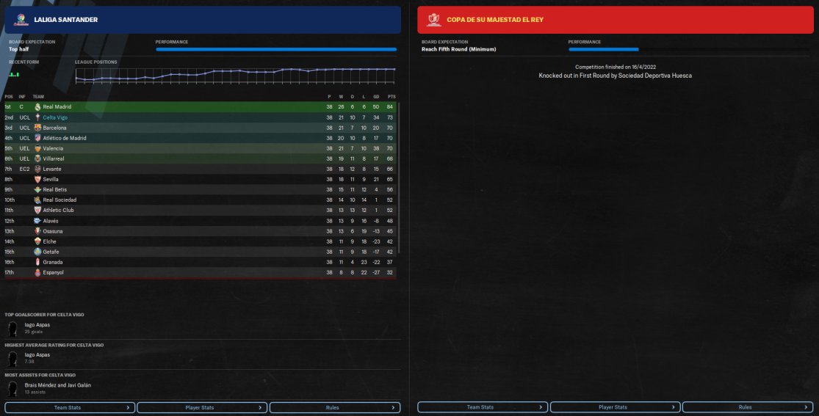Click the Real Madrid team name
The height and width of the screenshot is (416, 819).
57,107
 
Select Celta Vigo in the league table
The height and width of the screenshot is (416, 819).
55,117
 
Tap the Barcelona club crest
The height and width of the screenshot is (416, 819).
37,128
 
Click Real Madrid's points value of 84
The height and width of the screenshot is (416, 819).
391,107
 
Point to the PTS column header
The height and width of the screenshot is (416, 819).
391,96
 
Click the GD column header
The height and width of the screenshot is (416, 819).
376,96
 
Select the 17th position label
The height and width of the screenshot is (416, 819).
9,272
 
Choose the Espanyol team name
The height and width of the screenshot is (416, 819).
53,272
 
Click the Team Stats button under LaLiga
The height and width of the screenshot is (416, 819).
70,407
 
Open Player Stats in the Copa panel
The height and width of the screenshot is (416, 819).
613,407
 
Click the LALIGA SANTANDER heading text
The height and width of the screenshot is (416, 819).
66,20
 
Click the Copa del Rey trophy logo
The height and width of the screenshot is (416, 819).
433,20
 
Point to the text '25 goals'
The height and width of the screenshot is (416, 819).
32,332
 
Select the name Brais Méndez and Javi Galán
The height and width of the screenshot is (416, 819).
58,385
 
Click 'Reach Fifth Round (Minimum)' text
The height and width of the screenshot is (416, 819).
458,49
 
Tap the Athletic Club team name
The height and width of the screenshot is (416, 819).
58,211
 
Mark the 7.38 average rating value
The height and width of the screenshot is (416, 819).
30,362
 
